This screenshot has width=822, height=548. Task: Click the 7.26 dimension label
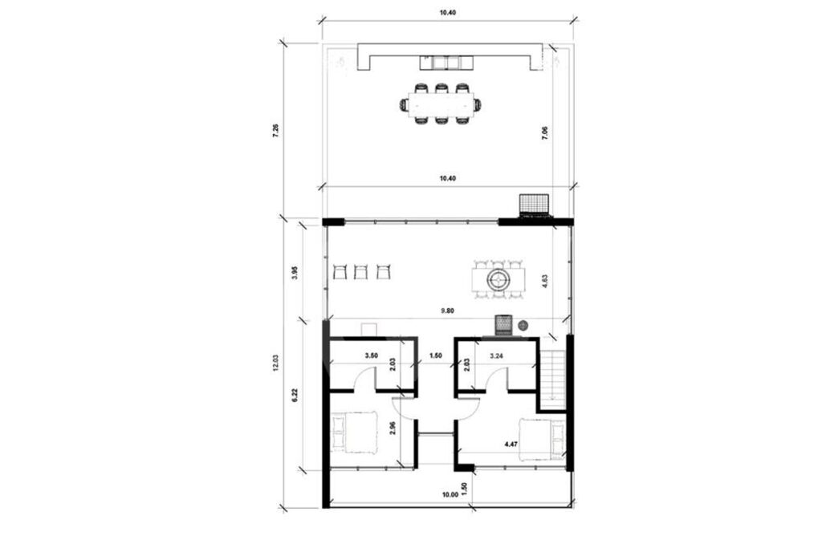[x=276, y=130]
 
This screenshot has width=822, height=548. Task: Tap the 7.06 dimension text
[x=545, y=133]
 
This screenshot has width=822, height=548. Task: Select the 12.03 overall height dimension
[x=276, y=363]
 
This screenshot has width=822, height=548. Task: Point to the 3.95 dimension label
[x=295, y=273]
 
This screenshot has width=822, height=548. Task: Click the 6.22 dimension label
[x=295, y=395]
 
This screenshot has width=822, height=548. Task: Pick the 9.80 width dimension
[x=447, y=311]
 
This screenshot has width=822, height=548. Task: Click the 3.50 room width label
[x=371, y=355]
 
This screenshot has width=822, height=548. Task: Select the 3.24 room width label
[x=496, y=355]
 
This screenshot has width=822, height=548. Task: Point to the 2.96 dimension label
[x=393, y=428]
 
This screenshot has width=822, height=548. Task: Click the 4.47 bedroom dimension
[x=511, y=444]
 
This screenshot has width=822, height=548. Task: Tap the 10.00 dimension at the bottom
[x=450, y=494]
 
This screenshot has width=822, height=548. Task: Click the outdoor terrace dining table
[x=441, y=105]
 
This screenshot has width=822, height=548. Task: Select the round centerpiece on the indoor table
[x=498, y=280]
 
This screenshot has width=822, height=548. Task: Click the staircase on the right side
[x=553, y=375]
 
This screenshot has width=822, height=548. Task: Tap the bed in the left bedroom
[x=354, y=432]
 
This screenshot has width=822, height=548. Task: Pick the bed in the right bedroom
[x=543, y=439]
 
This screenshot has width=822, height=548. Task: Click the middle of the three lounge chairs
[x=360, y=272]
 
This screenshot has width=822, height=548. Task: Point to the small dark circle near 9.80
[x=523, y=326]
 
